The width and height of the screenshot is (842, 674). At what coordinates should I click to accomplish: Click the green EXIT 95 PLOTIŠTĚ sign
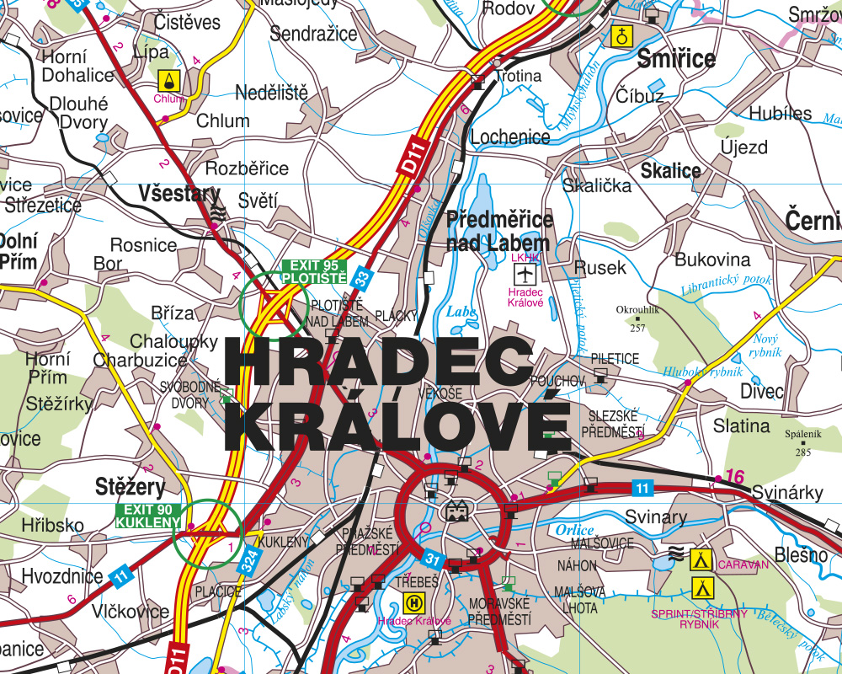314,270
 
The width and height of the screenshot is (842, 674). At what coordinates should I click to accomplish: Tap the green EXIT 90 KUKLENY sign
148,516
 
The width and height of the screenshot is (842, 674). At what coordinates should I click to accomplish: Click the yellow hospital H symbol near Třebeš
414,602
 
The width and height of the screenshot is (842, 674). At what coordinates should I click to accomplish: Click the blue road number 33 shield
361,276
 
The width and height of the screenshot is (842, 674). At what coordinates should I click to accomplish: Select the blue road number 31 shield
432,559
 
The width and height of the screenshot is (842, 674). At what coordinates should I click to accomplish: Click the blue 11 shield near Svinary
642,488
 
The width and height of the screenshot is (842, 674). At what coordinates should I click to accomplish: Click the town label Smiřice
676,59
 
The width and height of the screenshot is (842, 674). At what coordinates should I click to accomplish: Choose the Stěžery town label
130,487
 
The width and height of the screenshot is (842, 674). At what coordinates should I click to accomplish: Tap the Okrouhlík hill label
637,309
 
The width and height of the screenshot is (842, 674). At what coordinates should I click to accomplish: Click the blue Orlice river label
574,530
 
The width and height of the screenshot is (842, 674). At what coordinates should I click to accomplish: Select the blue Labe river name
461,311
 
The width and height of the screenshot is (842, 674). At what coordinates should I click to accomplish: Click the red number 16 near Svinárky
734,477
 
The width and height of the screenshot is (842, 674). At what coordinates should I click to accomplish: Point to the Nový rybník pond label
767,344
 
